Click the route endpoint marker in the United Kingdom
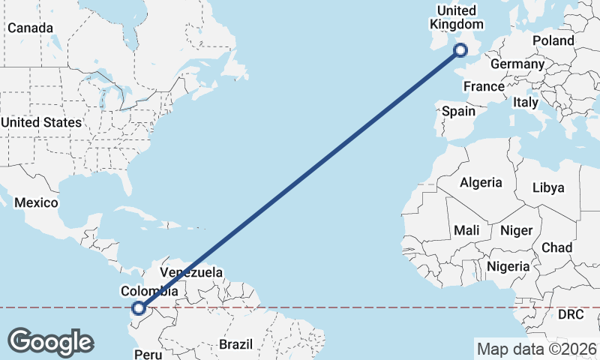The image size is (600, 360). [x=460, y=50]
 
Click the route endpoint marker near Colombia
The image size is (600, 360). [x=138, y=307]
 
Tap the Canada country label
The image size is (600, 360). [x=30, y=28]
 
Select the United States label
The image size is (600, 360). [x=41, y=122]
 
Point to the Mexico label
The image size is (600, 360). [x=36, y=203]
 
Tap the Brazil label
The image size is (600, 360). [x=237, y=344]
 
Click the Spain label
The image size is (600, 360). [x=458, y=111]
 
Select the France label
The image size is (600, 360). [x=484, y=87]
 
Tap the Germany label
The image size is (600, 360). [x=517, y=64]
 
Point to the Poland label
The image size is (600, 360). [x=553, y=40]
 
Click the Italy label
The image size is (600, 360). [x=526, y=101]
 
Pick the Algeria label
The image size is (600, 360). [x=481, y=182]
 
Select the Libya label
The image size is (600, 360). [x=548, y=187]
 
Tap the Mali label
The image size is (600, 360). [x=466, y=230]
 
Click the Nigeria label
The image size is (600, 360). [x=508, y=265]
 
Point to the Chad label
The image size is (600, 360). [x=556, y=247]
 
